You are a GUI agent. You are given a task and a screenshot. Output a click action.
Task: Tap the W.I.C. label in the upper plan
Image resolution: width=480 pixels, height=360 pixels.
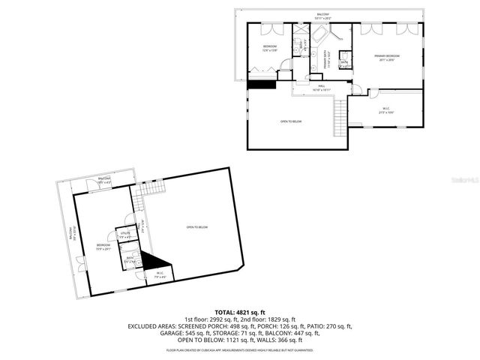point(385,109)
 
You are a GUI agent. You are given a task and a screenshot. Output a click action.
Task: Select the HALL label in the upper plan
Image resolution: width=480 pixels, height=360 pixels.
point(321,88)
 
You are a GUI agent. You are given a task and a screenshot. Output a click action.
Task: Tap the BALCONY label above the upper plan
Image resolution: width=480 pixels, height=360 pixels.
point(322,14)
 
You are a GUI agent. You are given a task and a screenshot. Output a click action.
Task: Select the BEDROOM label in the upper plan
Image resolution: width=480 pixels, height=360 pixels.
point(270,49)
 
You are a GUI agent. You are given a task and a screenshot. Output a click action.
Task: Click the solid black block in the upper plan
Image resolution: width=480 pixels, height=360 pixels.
point(261,84)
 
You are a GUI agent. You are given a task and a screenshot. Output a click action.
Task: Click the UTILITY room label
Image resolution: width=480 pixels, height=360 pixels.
point(124,235)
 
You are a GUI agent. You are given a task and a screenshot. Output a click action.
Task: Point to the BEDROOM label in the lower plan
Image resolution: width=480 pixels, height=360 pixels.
point(103,246)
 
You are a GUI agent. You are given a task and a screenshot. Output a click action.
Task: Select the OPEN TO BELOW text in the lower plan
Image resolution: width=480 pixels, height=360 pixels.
point(197,227)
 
